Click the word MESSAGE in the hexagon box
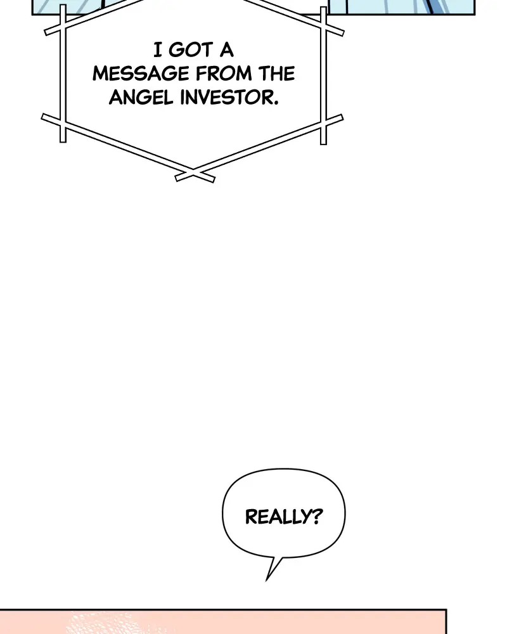[141, 74]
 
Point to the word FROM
[224, 74]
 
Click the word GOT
[191, 50]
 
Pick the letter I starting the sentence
[158, 50]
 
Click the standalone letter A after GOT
[227, 50]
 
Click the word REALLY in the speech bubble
[278, 517]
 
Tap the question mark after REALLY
[317, 516]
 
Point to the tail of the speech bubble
[267, 579]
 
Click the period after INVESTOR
[276, 103]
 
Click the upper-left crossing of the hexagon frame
[63, 25]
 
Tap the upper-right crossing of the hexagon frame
[323, 25]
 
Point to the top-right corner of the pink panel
[446, 609]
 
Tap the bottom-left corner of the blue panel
[32, 15]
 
